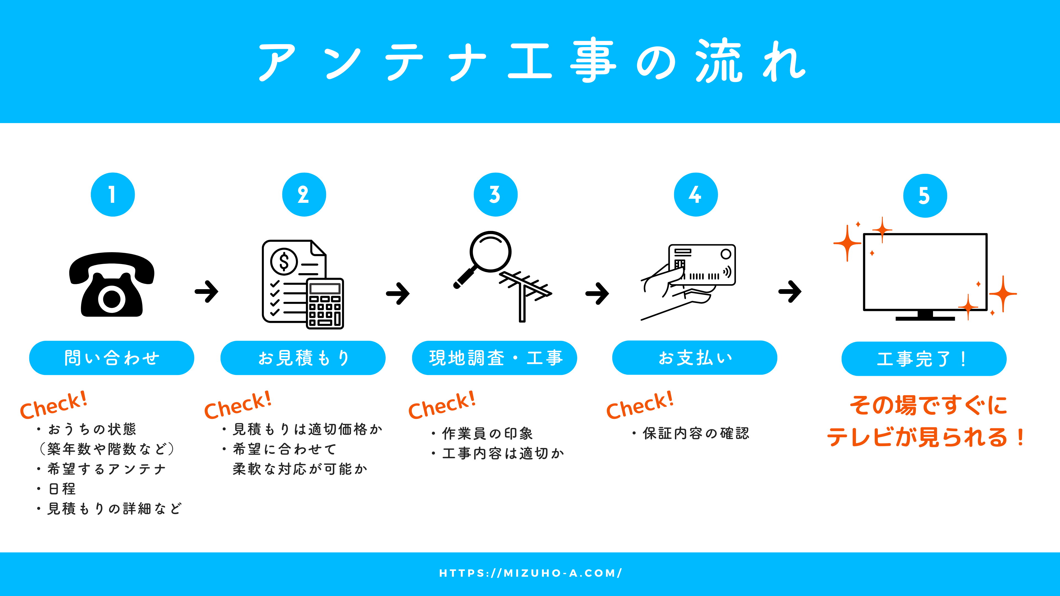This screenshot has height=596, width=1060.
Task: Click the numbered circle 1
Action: (113, 195)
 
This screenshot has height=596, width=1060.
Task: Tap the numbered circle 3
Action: (495, 195)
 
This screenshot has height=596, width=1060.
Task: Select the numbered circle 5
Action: (925, 196)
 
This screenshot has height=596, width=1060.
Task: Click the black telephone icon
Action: (112, 285)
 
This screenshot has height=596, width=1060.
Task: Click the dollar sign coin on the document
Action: (283, 261)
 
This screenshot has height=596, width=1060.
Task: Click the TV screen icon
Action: (925, 272)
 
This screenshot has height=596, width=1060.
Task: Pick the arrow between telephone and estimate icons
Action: (206, 292)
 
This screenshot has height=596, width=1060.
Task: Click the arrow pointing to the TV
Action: (790, 292)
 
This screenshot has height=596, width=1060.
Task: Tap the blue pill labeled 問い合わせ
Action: (112, 358)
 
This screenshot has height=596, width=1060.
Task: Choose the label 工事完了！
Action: (924, 359)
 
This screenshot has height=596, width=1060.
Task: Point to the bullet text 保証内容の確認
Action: (695, 433)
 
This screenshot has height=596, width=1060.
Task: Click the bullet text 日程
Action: (62, 489)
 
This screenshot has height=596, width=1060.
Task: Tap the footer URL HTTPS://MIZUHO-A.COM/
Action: (530, 573)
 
